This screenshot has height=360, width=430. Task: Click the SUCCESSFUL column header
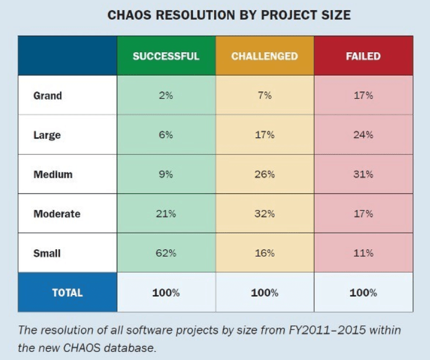point(166,56)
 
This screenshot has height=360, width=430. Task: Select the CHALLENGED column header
point(265,56)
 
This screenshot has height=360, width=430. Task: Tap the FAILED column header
point(363,56)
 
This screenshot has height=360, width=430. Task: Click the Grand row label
point(48,96)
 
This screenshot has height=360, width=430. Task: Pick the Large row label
point(47,135)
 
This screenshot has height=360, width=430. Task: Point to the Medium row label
point(52,174)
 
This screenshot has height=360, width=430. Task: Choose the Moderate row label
point(57,213)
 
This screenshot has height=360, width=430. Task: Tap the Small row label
point(47,253)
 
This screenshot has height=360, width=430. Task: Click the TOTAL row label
point(67,293)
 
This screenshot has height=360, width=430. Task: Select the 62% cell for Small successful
point(166,253)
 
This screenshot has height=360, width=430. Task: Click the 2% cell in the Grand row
point(166,96)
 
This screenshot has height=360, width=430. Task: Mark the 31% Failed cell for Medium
point(363,174)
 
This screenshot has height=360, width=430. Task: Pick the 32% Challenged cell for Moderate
point(265,213)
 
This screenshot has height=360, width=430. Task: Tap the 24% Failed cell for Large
point(363,135)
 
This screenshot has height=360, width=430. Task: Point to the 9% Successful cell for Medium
point(166,174)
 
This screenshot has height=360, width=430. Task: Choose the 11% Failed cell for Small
point(363,253)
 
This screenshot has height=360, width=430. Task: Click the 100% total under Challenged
point(265,293)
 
